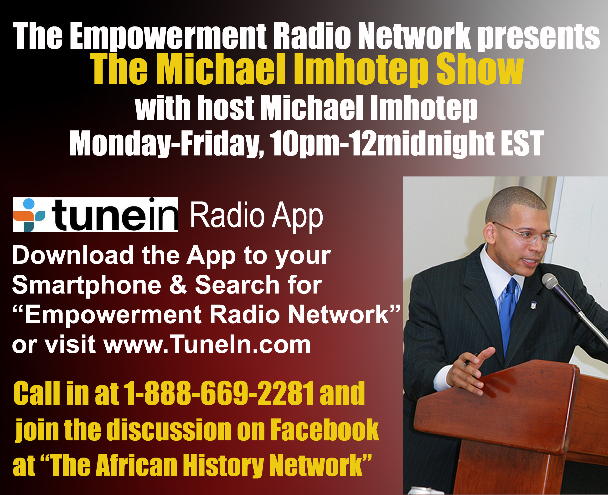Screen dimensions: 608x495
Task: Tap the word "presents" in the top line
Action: (x=539, y=37)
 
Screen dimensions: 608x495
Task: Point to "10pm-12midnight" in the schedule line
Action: (x=382, y=144)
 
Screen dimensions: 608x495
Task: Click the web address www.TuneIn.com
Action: (x=207, y=345)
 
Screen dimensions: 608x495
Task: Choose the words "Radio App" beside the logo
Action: (x=256, y=216)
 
